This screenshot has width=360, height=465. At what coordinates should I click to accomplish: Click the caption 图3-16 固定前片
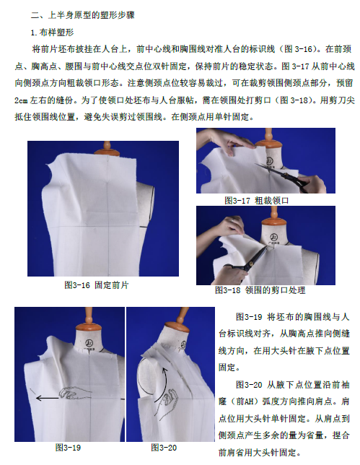96,285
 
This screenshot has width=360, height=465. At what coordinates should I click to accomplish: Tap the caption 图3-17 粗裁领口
257,201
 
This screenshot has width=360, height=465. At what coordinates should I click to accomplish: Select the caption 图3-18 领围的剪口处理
260,290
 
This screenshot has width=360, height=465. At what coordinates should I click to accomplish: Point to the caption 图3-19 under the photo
68,448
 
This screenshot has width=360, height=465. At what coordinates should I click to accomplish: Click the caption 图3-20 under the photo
164,448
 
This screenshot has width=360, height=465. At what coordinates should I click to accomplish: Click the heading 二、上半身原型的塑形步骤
83,15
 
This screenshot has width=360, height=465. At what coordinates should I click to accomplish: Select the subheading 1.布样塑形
52,32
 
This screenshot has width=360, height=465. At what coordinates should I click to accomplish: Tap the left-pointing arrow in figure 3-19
47,399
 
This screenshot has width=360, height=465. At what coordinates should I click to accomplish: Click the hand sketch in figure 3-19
75,394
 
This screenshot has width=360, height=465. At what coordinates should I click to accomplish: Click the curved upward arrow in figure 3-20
162,385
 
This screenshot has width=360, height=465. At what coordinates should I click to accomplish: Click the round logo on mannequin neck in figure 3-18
273,238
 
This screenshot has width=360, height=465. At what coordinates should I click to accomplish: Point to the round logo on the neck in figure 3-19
89,343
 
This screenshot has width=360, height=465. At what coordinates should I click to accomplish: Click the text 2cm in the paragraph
21,100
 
